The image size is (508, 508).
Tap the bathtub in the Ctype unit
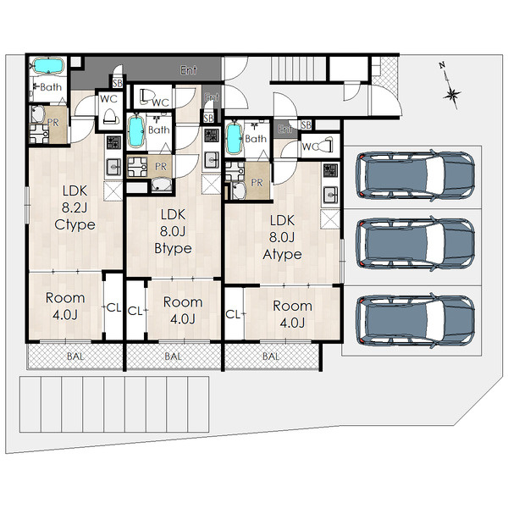[x=48, y=66]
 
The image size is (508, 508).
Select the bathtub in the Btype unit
[x=136, y=131]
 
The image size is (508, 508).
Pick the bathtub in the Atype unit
[x=235, y=139]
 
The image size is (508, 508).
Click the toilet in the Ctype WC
[x=108, y=117]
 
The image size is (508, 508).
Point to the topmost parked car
[x=416, y=175]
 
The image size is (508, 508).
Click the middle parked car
[x=416, y=244]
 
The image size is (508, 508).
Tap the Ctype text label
[x=75, y=224]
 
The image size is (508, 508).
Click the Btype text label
[x=173, y=248]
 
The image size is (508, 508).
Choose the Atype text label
[x=282, y=254]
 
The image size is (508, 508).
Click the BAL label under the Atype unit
[x=271, y=356]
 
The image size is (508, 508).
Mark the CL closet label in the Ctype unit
[x=113, y=307]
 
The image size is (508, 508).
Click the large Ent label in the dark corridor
[x=189, y=69]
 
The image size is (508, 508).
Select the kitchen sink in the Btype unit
[x=211, y=160]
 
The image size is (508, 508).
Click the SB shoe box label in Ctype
[x=118, y=83]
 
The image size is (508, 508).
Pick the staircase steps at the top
[x=298, y=68]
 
